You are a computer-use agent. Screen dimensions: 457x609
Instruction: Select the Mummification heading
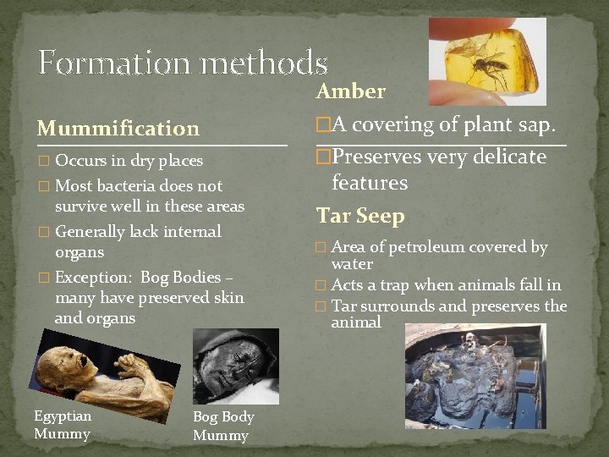(x=118, y=129)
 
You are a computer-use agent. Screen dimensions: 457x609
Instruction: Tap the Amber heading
(x=350, y=91)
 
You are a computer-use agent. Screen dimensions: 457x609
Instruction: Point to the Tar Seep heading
(x=360, y=216)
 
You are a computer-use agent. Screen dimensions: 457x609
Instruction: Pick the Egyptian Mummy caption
(x=63, y=425)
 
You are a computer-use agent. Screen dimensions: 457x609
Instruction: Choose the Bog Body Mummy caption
(x=223, y=427)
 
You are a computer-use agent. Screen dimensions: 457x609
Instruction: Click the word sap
(x=537, y=125)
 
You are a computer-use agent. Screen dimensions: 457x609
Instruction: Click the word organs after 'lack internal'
(x=80, y=252)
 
